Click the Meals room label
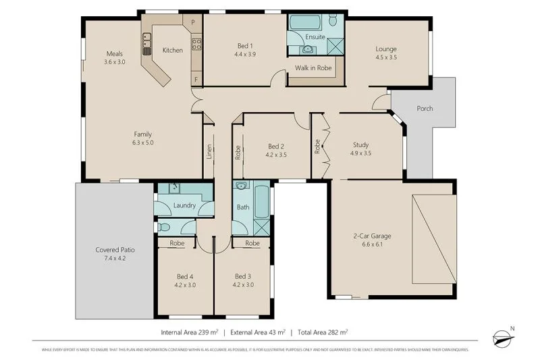click(115, 53)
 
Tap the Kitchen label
click(173, 50)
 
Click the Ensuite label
click(315, 36)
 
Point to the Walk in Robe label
click(314, 68)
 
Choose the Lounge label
click(386, 49)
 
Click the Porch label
click(425, 109)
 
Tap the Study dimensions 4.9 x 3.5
click(362, 153)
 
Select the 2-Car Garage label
click(373, 236)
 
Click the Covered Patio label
click(115, 250)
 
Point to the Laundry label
click(184, 205)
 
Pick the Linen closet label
click(209, 152)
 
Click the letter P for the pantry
click(193, 22)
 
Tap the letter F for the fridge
click(196, 79)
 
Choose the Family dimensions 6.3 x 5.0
click(143, 143)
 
